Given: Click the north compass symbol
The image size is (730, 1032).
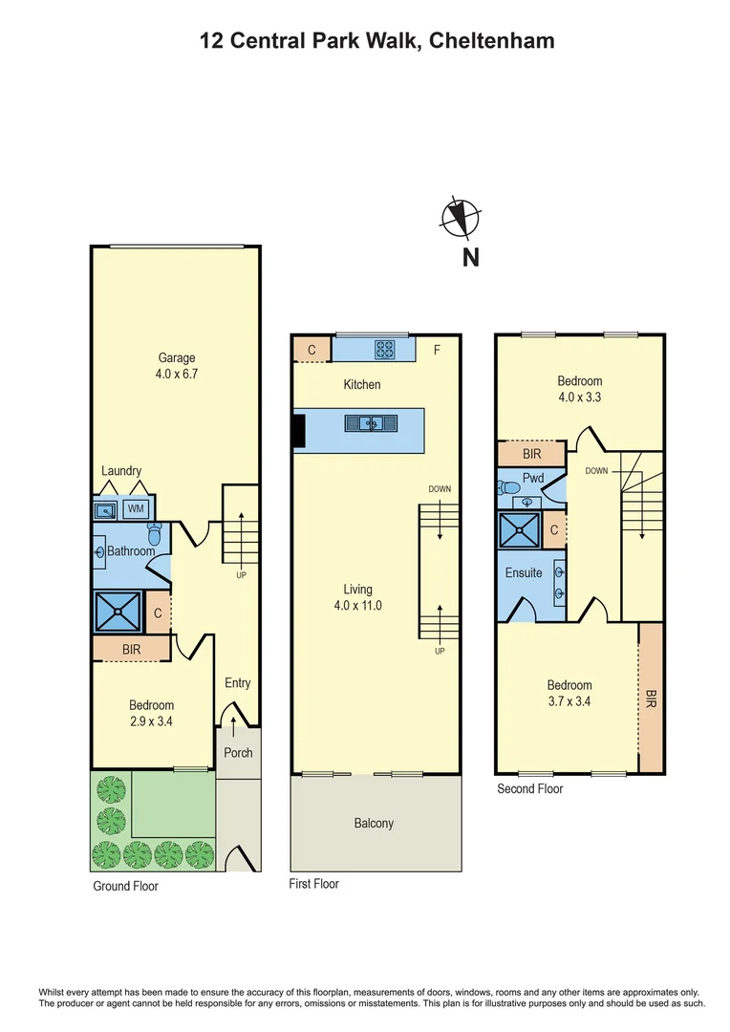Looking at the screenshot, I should [x=458, y=218].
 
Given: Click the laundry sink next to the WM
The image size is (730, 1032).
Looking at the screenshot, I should [x=104, y=509].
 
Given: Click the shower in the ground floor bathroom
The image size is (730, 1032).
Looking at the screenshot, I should [x=116, y=613].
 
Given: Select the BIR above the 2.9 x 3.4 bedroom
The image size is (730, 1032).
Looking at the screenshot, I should [x=131, y=649].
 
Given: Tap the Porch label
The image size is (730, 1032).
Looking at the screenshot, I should [x=238, y=752].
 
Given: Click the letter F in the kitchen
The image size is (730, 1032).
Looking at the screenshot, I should [x=437, y=351].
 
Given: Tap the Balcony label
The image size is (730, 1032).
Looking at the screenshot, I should [x=374, y=823].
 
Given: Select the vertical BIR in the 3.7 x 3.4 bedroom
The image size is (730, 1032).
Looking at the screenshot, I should [x=651, y=698].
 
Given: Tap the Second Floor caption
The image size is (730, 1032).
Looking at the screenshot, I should [x=529, y=788].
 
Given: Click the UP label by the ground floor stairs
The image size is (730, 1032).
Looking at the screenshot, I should [x=241, y=575].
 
